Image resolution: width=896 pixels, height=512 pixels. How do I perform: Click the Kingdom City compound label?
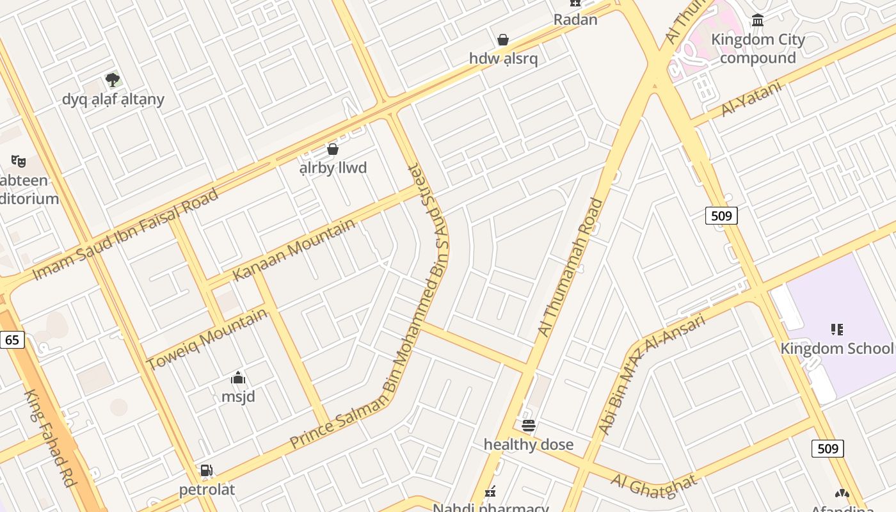(758, 49)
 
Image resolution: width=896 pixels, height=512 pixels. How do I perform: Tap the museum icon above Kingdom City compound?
(758, 20)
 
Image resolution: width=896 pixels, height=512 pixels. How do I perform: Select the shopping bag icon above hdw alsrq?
(503, 40)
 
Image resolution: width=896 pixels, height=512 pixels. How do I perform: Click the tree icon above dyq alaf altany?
(113, 80)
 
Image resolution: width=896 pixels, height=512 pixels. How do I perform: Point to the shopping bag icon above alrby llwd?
(333, 149)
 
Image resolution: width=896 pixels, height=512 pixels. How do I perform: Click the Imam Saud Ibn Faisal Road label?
(125, 234)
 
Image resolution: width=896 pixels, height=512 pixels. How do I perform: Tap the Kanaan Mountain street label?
(294, 250)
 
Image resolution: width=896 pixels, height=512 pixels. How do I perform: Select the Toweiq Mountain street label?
(207, 339)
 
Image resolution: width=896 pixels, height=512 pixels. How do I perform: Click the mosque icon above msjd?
(238, 378)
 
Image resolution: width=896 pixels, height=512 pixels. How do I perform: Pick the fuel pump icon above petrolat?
(206, 470)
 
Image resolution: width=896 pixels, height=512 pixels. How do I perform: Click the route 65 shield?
(12, 339)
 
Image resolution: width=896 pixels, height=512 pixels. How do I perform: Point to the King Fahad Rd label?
(50, 438)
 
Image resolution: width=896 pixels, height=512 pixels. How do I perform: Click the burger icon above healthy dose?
(528, 425)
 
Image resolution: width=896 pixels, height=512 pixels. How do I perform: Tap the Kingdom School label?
(836, 348)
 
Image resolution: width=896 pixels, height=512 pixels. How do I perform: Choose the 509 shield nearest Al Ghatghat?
(828, 449)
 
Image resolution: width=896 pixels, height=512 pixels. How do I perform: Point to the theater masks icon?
(18, 160)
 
